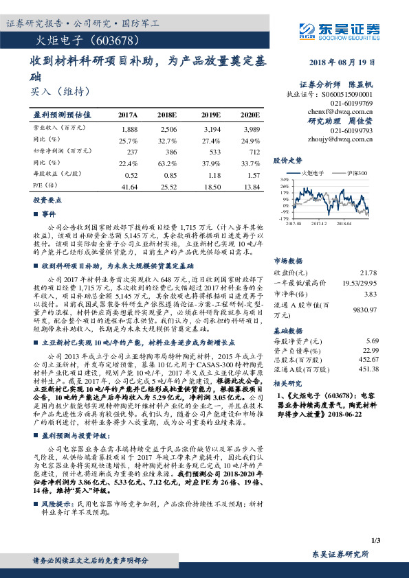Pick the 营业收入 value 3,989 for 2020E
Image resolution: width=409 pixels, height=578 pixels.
tap(252, 129)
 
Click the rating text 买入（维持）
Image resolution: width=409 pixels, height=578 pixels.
tap(61, 90)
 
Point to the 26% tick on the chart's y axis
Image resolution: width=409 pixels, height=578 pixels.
tap(284, 186)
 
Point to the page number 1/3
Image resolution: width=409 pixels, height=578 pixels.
tap(375, 542)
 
